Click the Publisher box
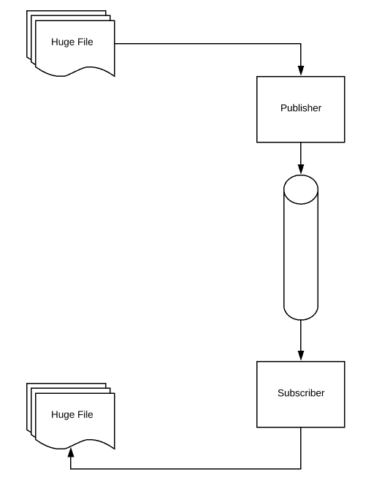[300, 124]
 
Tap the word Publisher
[300, 108]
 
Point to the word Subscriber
[300, 393]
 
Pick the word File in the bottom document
[84, 414]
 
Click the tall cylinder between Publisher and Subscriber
[300, 248]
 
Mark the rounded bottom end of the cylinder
[300, 313]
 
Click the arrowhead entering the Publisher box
[300, 71]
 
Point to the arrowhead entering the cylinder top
[300, 170]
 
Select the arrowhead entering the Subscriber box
[300, 356]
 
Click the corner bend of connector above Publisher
[300, 43]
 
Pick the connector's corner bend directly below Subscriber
[300, 468]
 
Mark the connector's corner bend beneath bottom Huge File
[70, 468]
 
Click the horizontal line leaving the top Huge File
[205, 43]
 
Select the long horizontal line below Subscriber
[183, 468]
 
